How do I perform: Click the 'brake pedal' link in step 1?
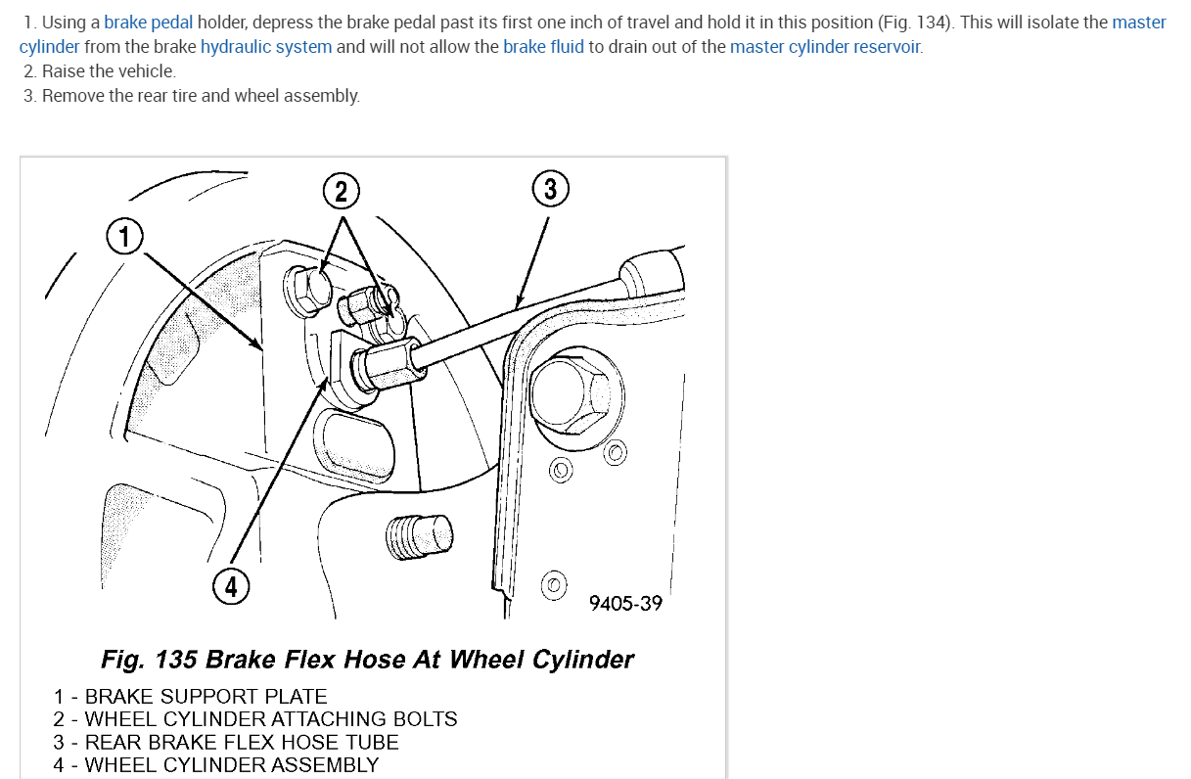tap(148, 23)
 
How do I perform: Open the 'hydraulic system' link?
tap(266, 47)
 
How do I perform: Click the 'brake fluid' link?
tap(543, 47)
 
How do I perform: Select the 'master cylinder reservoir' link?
tap(825, 47)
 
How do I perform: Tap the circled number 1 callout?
tap(124, 236)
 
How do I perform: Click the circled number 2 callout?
tap(341, 192)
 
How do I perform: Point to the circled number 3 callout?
tap(550, 188)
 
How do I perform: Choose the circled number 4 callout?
tap(231, 586)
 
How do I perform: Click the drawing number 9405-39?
tap(625, 603)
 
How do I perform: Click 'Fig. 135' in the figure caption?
tap(147, 660)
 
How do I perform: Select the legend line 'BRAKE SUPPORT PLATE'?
tap(206, 697)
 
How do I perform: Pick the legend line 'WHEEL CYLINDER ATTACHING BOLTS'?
tap(271, 719)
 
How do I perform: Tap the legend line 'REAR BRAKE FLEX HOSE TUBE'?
tap(242, 742)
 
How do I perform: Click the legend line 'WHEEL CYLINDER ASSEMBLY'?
tap(231, 764)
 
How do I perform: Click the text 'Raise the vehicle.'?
tap(109, 71)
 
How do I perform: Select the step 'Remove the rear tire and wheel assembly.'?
tap(201, 96)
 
